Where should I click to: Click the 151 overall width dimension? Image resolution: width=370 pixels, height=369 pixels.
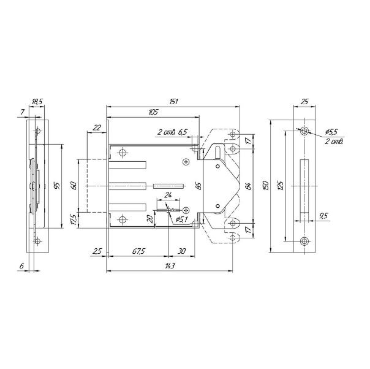coord(173,102)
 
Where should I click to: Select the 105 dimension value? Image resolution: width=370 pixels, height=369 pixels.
coord(153,112)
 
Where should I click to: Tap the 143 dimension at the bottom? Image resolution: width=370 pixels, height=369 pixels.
coord(170,266)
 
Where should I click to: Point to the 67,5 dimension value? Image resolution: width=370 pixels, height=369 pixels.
coord(138,251)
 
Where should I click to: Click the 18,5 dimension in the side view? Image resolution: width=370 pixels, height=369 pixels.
coord(37,102)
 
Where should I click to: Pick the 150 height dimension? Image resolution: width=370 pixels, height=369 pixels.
coord(265,186)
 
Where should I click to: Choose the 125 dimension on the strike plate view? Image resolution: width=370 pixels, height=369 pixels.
coord(280,186)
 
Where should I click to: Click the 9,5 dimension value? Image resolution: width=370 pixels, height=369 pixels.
coord(324,216)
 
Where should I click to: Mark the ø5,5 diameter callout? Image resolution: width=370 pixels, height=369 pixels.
coord(331,132)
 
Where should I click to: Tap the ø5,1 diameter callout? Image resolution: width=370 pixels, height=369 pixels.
coord(181,220)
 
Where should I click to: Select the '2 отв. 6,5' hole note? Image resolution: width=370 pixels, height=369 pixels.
coord(172,132)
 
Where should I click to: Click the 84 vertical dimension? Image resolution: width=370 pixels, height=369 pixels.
coord(248,186)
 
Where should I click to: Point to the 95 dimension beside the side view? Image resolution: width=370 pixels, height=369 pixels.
coord(57,186)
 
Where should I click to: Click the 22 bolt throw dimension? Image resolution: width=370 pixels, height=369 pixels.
coord(97,127)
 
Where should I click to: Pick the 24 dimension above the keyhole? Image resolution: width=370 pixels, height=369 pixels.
coord(168,195)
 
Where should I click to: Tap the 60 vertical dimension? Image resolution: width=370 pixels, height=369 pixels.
coord(74,186)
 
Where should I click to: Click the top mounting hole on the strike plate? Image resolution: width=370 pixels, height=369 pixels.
coord(304,131)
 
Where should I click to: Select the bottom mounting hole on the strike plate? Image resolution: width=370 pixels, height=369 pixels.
coord(304,241)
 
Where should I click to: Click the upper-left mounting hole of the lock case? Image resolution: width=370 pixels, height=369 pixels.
coord(123,153)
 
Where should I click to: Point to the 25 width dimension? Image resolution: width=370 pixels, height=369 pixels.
coord(304,102)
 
